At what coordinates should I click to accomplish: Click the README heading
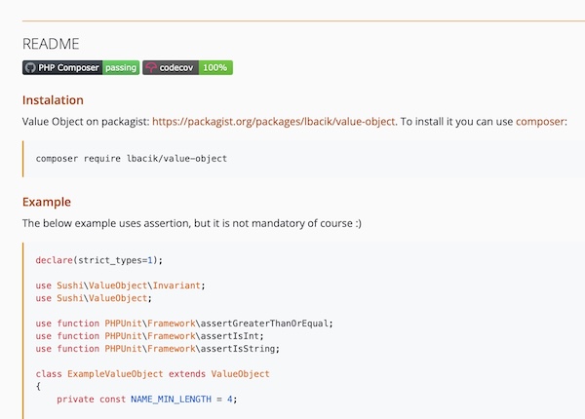pyautogui.click(x=51, y=44)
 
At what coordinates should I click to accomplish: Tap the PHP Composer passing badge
pyautogui.click(x=81, y=67)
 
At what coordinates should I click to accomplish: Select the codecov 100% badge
pyautogui.click(x=187, y=67)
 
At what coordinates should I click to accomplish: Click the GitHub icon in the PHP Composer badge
pyautogui.click(x=30, y=67)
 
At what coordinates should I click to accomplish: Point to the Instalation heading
pyautogui.click(x=53, y=100)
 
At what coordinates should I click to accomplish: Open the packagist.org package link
pyautogui.click(x=273, y=122)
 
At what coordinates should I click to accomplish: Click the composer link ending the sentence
pyautogui.click(x=540, y=122)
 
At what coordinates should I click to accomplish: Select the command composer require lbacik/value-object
pyautogui.click(x=132, y=159)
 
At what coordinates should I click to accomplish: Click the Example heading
pyautogui.click(x=47, y=202)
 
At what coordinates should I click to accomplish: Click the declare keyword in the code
pyautogui.click(x=54, y=260)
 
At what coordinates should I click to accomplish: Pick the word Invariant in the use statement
pyautogui.click(x=176, y=286)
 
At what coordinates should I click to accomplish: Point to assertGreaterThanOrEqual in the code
pyautogui.click(x=264, y=324)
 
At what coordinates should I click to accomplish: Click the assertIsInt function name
pyautogui.click(x=230, y=336)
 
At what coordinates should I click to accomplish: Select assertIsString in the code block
pyautogui.click(x=238, y=349)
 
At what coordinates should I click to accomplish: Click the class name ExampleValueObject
pyautogui.click(x=115, y=374)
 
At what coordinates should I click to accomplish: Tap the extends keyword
pyautogui.click(x=187, y=374)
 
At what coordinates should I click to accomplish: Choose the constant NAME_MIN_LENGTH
pyautogui.click(x=172, y=400)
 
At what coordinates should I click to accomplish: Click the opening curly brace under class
pyautogui.click(x=38, y=386)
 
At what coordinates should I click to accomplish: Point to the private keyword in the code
pyautogui.click(x=75, y=400)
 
